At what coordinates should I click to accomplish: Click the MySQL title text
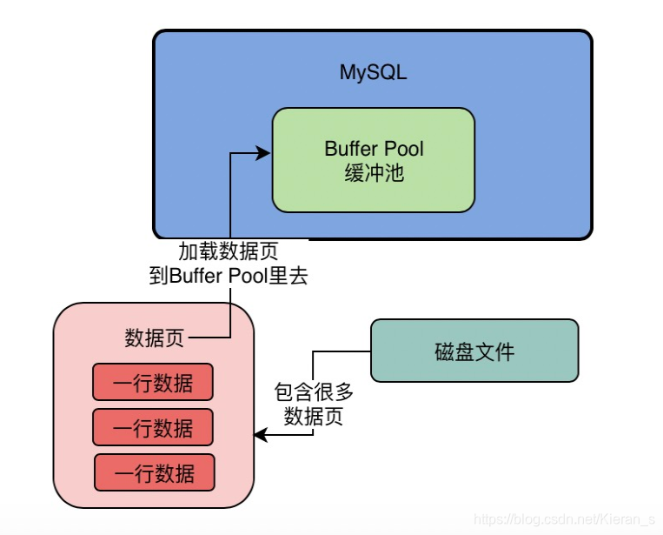[x=373, y=72]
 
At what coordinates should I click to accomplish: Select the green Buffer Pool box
[x=373, y=160]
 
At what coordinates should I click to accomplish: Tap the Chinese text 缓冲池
[x=374, y=173]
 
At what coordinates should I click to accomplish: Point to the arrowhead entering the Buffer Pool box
[x=265, y=154]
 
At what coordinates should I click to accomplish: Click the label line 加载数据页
[x=229, y=252]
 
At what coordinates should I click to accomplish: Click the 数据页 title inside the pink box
[x=154, y=338]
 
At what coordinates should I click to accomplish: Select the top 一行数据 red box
[x=153, y=382]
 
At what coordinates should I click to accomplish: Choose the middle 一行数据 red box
[x=153, y=427]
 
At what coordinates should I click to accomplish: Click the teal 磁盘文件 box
[x=474, y=351]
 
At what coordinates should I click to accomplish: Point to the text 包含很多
[x=314, y=393]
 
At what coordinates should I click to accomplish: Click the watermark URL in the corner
[x=565, y=519]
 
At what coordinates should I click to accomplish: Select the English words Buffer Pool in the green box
[x=374, y=148]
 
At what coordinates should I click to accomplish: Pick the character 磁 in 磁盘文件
[x=443, y=351]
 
